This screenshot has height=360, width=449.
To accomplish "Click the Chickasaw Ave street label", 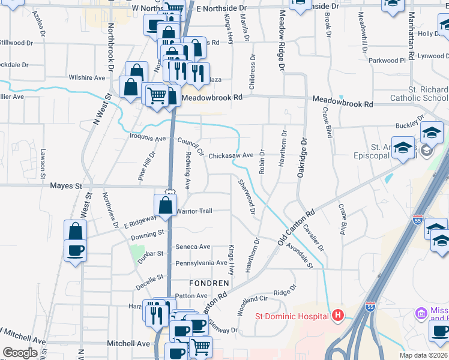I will click(x=231, y=155).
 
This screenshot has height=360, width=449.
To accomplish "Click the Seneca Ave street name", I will click(x=193, y=247).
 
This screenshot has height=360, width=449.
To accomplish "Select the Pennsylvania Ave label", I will click(x=201, y=263).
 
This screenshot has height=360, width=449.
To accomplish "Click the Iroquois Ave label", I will click(x=147, y=139).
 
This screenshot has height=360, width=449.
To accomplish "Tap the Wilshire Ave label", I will click(x=87, y=78).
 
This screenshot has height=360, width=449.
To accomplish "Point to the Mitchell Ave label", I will click(x=128, y=343).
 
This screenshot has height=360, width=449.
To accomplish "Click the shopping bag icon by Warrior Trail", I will click(x=165, y=205).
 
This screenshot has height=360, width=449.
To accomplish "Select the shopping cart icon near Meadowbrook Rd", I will click(x=157, y=95).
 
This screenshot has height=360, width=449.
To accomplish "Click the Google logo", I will click(x=20, y=353).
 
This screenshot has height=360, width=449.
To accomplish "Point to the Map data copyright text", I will click(x=424, y=355).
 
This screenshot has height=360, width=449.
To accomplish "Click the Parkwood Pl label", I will click(x=387, y=61).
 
